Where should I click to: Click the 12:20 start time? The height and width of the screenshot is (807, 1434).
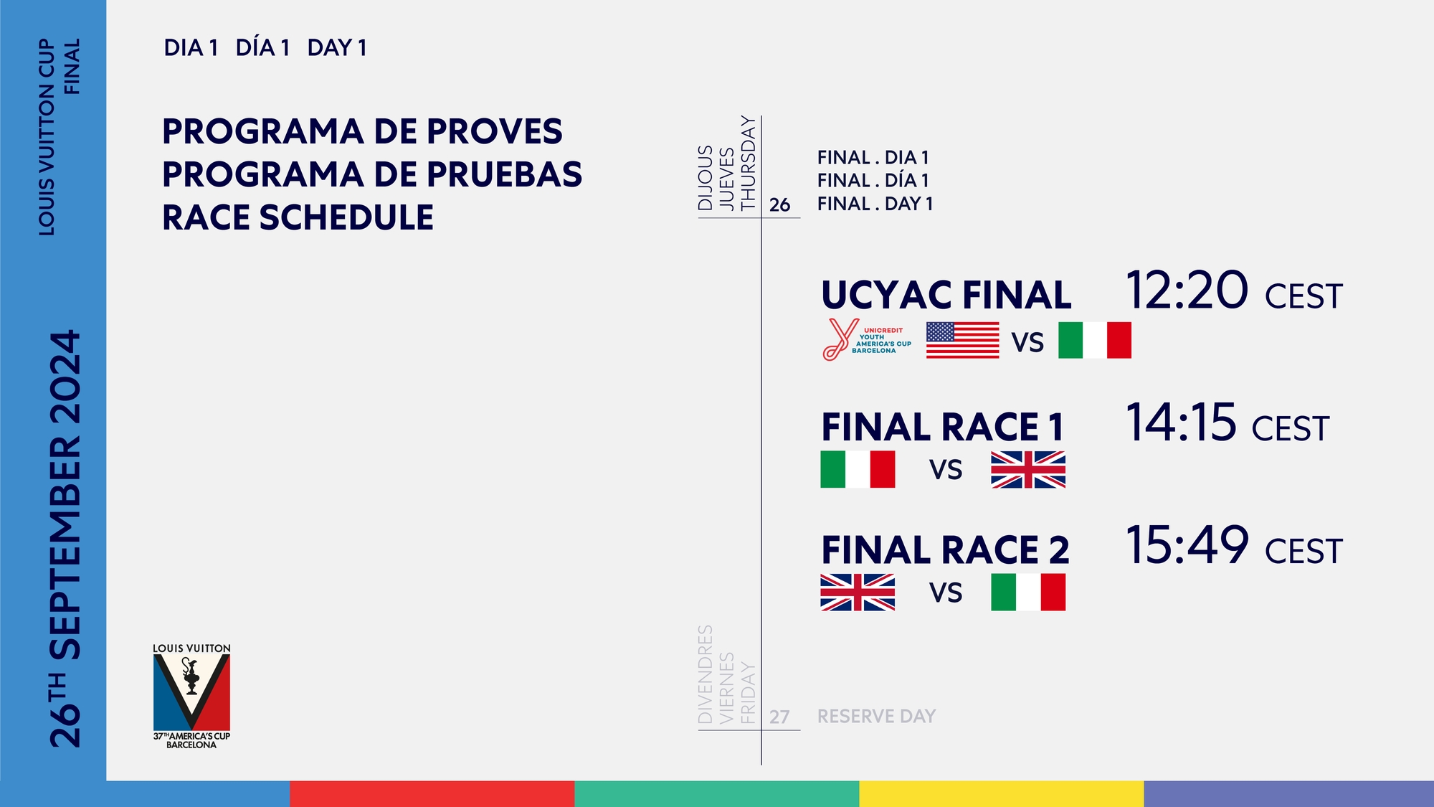1187,290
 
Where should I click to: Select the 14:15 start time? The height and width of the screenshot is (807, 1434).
1181,422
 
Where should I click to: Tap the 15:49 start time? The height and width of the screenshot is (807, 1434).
1187,544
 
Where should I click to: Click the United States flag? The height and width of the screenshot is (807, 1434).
962,340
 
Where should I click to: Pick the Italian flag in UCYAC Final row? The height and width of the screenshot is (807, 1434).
1095,340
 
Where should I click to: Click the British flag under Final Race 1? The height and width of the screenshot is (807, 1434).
1028,470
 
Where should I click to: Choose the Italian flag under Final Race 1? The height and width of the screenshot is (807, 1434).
858,469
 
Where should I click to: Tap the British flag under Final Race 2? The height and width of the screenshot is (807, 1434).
858,593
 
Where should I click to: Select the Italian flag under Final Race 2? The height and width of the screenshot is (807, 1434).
1028,593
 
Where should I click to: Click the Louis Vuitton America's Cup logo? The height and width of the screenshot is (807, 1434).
191,696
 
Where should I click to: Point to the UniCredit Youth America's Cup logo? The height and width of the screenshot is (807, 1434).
867,339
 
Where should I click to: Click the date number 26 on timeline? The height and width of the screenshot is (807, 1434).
779,205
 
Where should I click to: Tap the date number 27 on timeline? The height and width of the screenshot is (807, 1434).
779,717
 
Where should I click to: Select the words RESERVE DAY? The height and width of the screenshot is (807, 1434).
876,716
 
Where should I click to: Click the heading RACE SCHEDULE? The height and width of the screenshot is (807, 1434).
298,217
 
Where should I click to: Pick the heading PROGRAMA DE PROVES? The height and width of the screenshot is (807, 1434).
362,131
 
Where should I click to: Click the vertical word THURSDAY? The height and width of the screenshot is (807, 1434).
748,163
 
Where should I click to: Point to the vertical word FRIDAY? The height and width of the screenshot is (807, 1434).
748,693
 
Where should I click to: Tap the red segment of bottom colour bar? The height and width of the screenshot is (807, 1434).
432,793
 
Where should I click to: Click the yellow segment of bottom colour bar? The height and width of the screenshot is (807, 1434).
1001,793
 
